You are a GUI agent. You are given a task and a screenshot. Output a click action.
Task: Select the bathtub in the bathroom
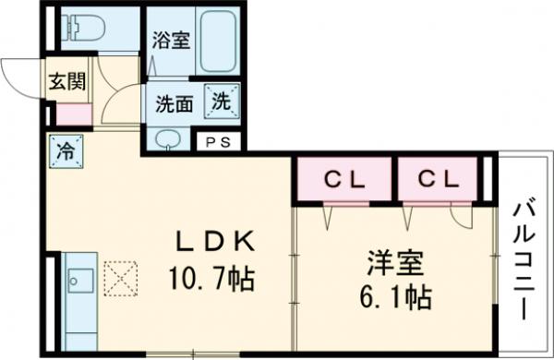pyautogui.click(x=221, y=41)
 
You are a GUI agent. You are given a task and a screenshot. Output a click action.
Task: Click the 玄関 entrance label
pyautogui.click(x=67, y=80)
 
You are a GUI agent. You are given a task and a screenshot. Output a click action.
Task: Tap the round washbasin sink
pyautogui.click(x=168, y=139)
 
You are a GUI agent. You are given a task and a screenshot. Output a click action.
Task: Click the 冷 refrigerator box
pyautogui.click(x=66, y=148)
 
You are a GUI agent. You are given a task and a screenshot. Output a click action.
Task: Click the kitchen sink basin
pyautogui.click(x=79, y=280)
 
